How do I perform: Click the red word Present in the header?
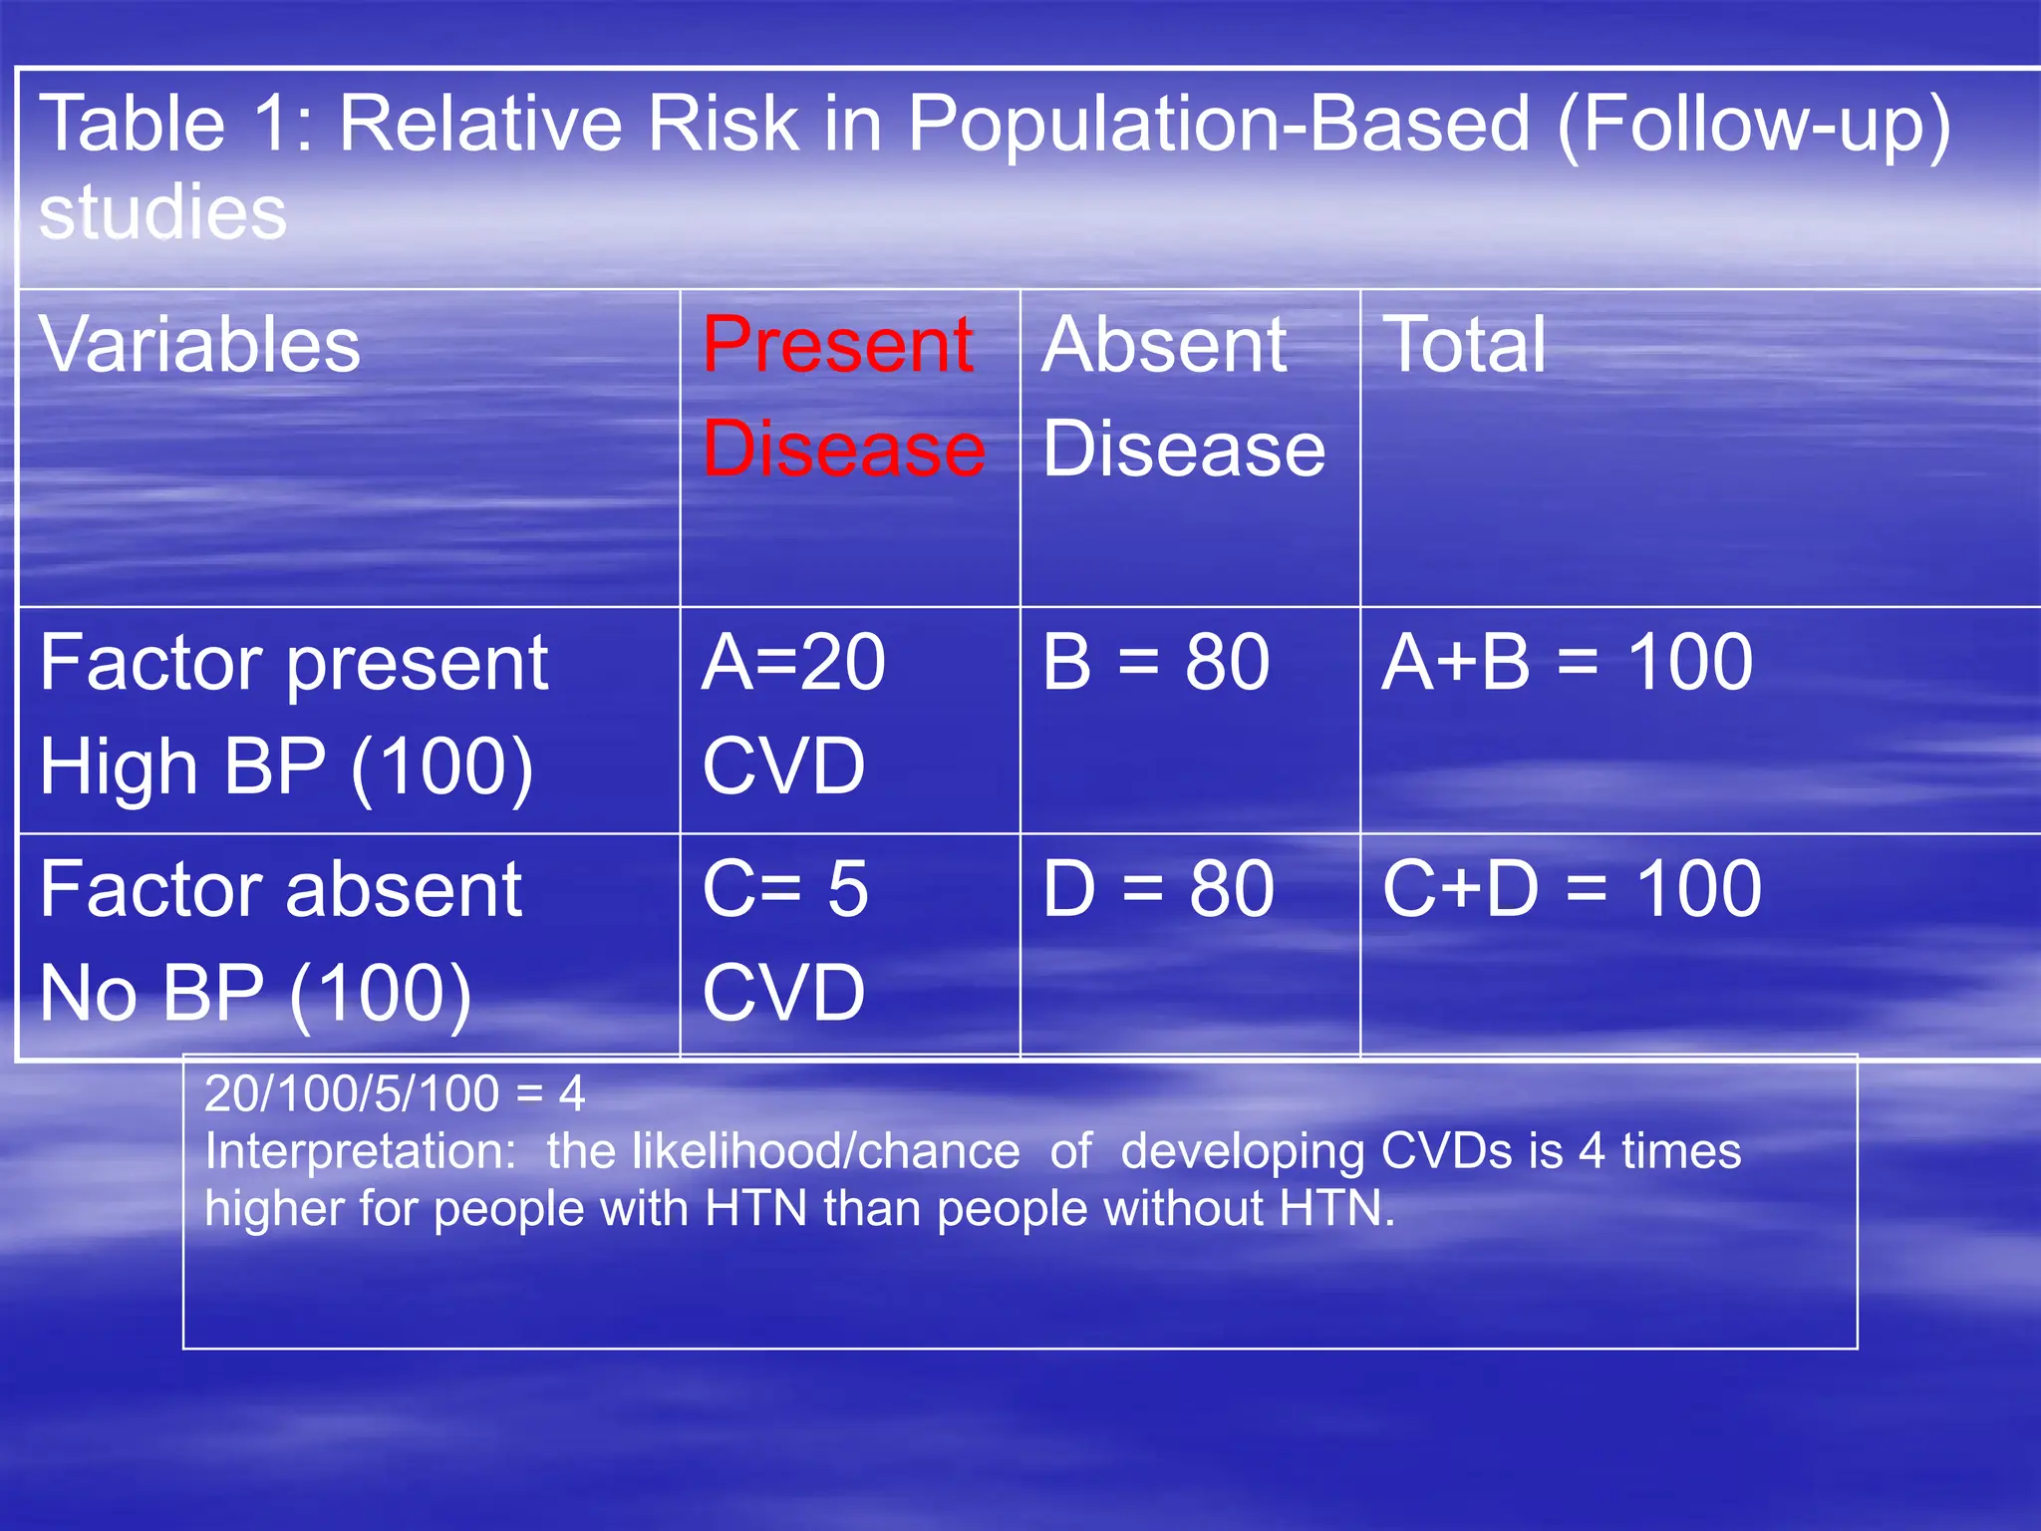point(837,345)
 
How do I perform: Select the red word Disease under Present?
point(843,449)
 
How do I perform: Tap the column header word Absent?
point(1164,345)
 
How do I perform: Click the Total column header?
point(1464,345)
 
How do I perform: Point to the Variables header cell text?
point(199,345)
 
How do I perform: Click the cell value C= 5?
point(785,888)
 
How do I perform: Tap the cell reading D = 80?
point(1158,888)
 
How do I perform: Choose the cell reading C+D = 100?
point(1572,888)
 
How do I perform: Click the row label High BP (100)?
point(287,767)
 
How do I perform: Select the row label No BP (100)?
point(255,994)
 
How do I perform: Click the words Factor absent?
point(280,888)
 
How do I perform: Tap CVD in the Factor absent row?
point(783,994)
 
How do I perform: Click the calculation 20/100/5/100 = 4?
point(395,1094)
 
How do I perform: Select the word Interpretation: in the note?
point(360,1152)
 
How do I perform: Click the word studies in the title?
point(162,212)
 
